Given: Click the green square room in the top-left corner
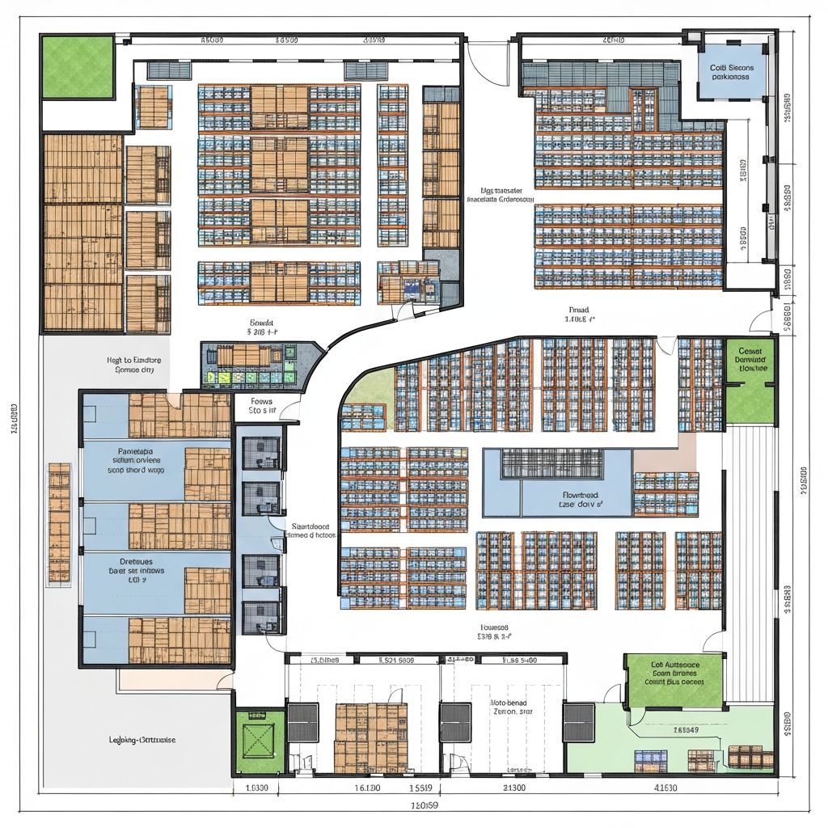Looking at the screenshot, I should (x=78, y=65).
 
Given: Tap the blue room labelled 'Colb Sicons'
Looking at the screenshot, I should (x=730, y=73).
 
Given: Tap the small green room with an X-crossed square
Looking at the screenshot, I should (x=260, y=738).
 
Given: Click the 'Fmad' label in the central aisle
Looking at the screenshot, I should (x=579, y=310).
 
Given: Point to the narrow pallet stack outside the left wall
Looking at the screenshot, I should (x=59, y=522).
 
